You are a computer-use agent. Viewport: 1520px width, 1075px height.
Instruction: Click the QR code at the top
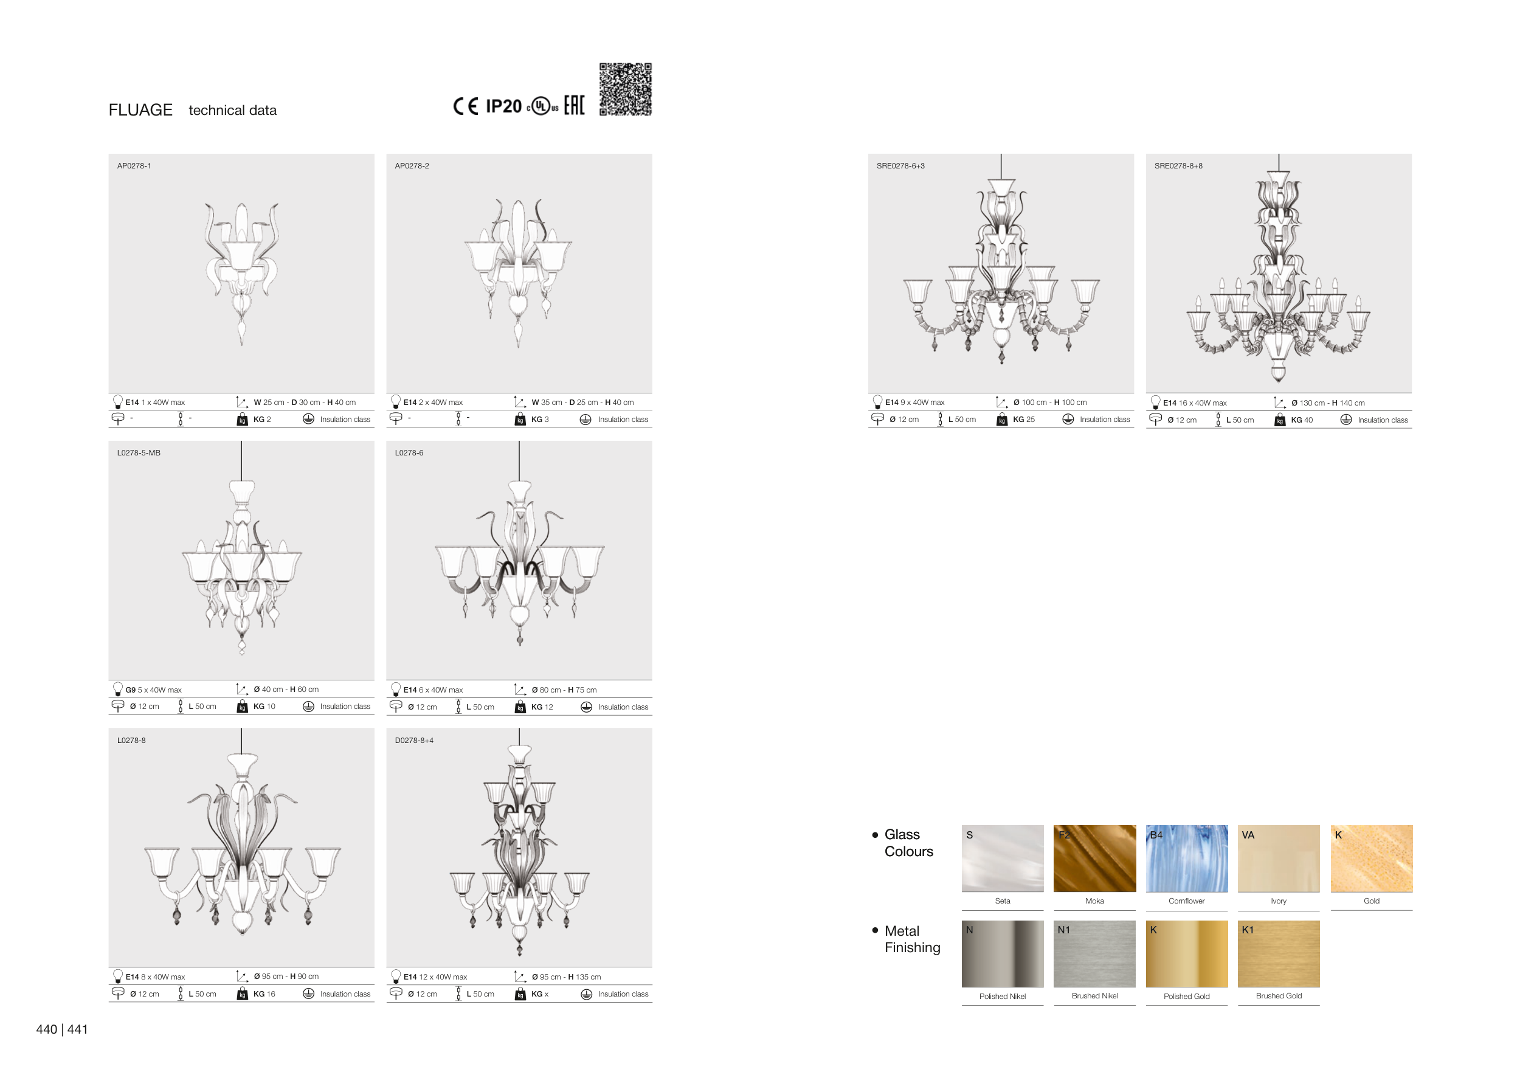coord(625,89)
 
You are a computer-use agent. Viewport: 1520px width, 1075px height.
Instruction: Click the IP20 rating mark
coord(504,106)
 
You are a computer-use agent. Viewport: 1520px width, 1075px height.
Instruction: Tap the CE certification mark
coord(465,106)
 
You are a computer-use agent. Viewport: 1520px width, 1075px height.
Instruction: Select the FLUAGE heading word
coord(140,110)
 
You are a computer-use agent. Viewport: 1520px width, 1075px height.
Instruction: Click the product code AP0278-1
coord(134,166)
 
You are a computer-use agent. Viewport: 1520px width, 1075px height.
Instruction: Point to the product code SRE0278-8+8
coord(1178,166)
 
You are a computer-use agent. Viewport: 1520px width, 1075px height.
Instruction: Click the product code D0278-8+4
coord(414,741)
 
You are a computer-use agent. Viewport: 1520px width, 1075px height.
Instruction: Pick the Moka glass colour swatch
coord(1094,859)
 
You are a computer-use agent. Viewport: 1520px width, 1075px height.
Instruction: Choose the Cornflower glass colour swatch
coord(1186,859)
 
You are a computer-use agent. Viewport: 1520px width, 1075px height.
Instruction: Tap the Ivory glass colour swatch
coord(1279,859)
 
